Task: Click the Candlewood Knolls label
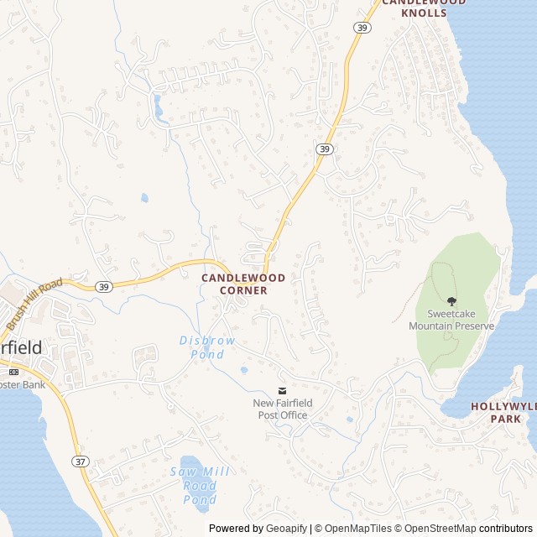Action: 425,8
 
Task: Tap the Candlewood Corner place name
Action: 243,284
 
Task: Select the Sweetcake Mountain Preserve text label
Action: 451,320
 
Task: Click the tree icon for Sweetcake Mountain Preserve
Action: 451,301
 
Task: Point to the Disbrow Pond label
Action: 207,347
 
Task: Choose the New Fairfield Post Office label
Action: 283,409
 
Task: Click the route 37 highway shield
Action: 81,461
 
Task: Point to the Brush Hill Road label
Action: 34,305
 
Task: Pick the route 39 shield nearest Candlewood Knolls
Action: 362,28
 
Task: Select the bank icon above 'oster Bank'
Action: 13,371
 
